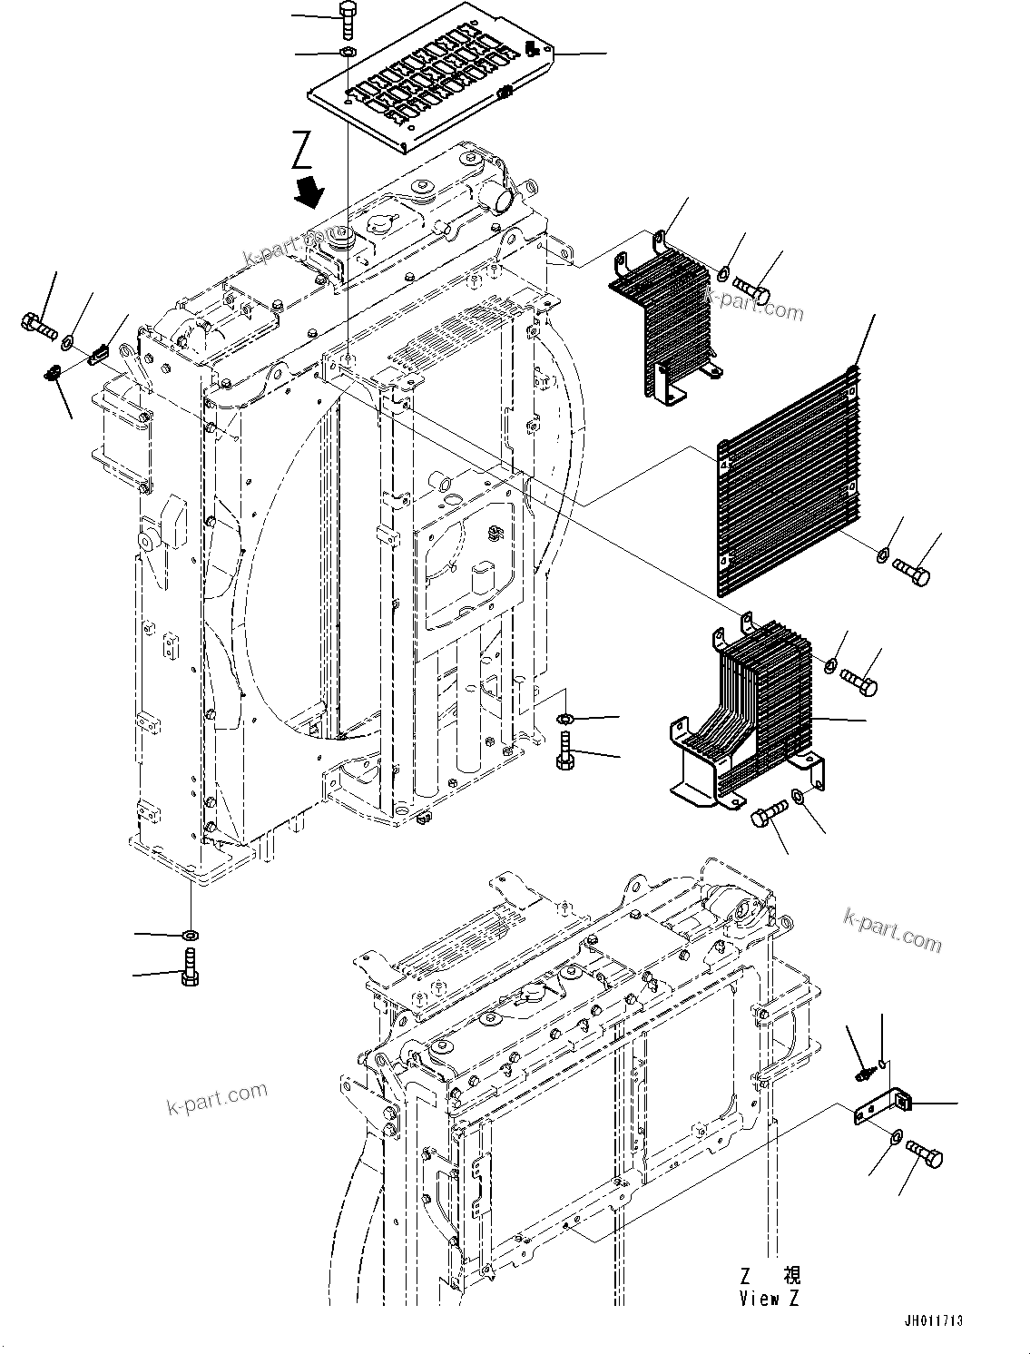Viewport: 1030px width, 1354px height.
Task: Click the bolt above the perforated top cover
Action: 348,17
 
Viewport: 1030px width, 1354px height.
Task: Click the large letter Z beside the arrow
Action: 303,151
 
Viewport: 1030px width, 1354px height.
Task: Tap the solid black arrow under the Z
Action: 311,191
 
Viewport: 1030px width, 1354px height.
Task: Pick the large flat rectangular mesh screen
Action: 786,478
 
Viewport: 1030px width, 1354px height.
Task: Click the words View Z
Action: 769,1299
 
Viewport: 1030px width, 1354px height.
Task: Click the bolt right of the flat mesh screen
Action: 911,570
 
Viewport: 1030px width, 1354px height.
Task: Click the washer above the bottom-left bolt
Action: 191,934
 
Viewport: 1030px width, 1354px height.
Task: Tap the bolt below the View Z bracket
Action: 925,1154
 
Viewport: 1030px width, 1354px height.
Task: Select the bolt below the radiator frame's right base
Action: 563,752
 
